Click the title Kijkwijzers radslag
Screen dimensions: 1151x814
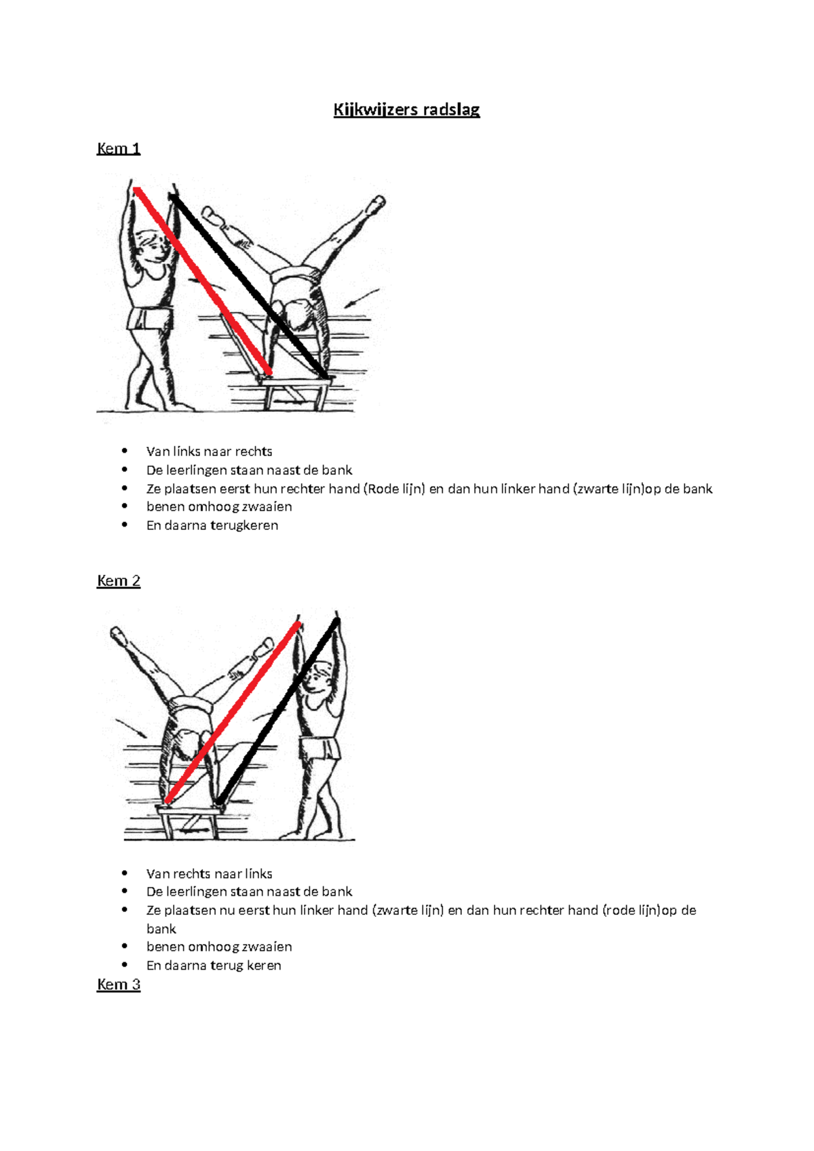[x=406, y=110]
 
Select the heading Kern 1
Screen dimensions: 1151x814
[x=118, y=149]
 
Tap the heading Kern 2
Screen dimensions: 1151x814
[x=118, y=581]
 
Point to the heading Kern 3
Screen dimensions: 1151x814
[x=118, y=985]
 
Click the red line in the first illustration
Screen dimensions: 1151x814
[x=203, y=281]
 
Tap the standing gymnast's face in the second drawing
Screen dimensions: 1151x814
[x=317, y=679]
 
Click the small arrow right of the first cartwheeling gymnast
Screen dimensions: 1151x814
[x=362, y=298]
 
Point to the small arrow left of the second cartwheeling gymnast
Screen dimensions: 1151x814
[x=132, y=728]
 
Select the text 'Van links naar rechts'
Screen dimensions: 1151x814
[x=209, y=452]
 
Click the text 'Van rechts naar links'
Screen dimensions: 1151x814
[x=209, y=874]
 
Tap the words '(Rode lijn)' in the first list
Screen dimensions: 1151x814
[x=393, y=489]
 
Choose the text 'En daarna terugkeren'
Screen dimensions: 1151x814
[x=212, y=526]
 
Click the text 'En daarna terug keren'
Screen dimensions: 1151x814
[x=213, y=966]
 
